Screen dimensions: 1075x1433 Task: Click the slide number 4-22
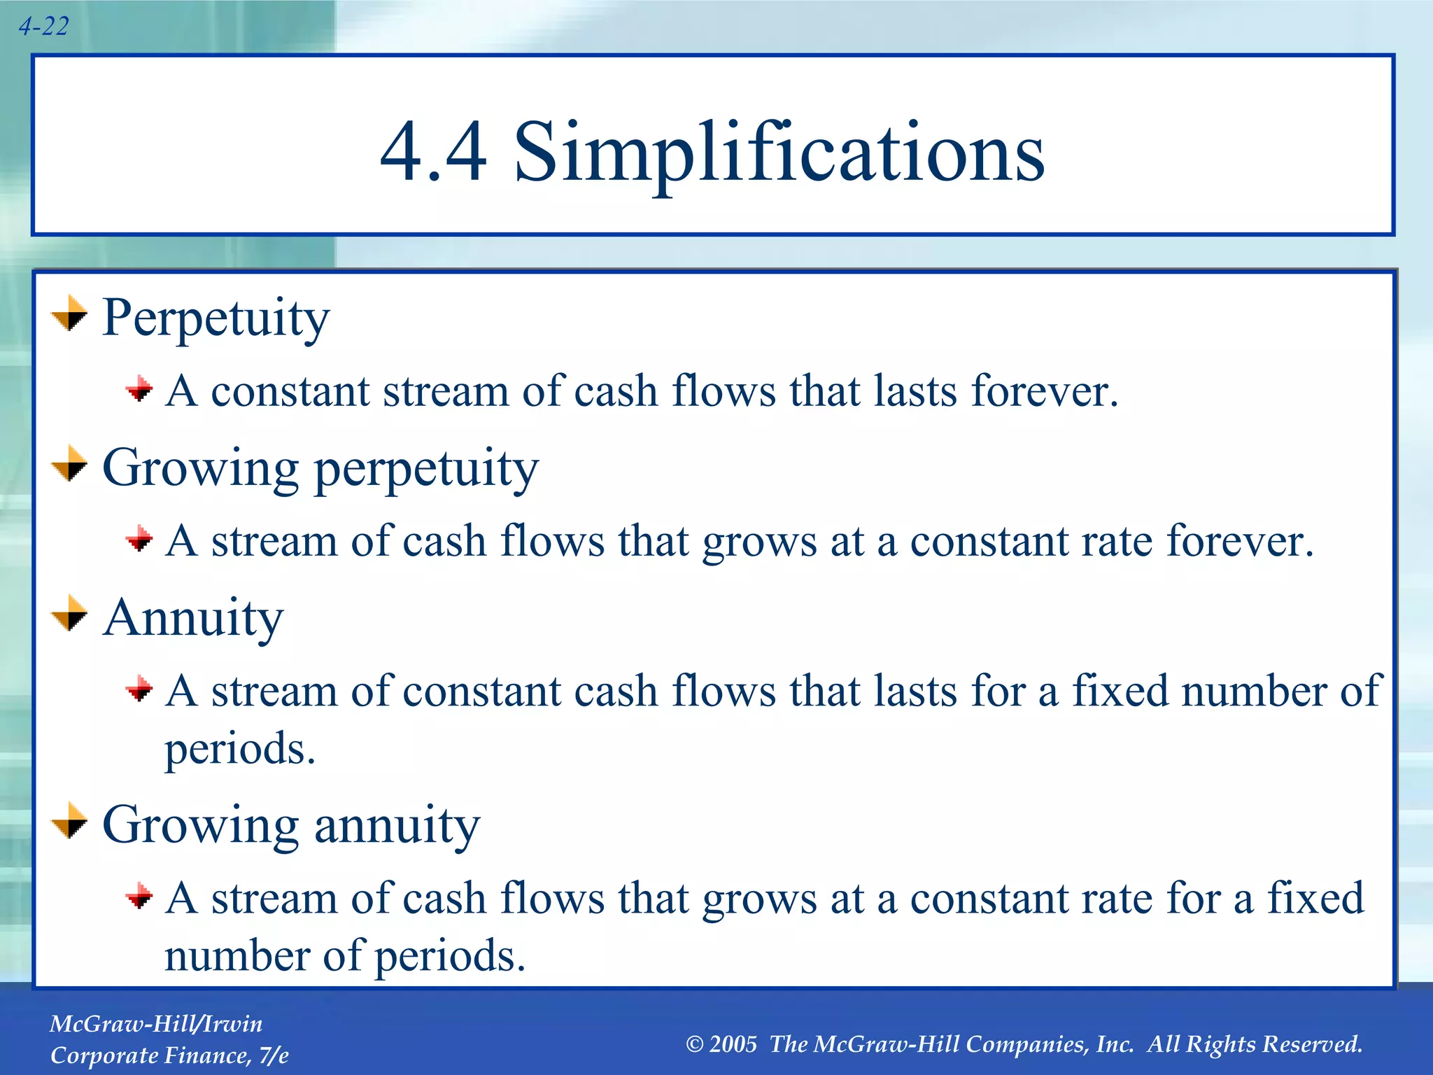(43, 27)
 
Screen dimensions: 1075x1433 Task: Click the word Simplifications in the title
(779, 152)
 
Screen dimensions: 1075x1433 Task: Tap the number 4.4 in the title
(433, 152)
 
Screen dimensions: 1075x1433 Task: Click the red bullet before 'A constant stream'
(139, 389)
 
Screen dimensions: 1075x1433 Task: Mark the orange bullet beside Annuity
(70, 614)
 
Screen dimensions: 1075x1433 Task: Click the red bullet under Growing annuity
(139, 896)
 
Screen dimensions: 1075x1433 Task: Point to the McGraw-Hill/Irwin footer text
(156, 1024)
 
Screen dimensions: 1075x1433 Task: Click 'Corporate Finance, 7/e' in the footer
(169, 1055)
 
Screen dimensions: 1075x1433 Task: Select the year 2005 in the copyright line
(733, 1044)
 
